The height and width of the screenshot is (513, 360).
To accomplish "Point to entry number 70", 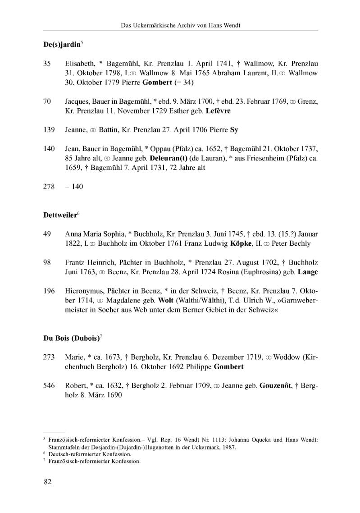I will coord(47,102).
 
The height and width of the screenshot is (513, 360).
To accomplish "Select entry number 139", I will coord(49,130).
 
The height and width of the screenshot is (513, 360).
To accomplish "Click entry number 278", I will coord(49,186).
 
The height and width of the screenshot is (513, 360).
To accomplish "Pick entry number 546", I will coord(49,385).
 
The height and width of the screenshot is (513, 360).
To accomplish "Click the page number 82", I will coord(47,482).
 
